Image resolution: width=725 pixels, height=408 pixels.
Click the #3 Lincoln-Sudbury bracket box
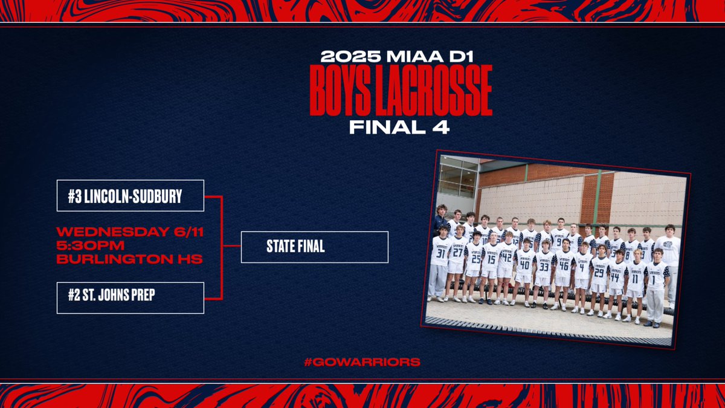click(x=130, y=195)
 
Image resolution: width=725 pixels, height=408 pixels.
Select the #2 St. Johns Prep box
click(x=130, y=297)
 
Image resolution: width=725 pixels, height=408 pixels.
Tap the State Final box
click(x=314, y=247)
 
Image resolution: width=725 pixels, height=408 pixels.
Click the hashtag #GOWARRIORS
click(x=362, y=362)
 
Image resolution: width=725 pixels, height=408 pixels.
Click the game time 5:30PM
click(x=91, y=246)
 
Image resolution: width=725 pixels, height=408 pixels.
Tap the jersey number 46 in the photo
click(x=564, y=264)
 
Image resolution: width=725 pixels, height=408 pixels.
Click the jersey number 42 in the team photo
click(x=506, y=256)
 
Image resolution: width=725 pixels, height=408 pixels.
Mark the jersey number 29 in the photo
click(x=599, y=273)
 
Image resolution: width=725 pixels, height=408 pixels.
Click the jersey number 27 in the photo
click(x=457, y=253)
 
